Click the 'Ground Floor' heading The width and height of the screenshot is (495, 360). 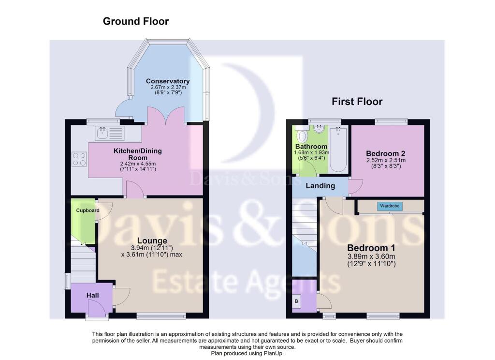pyautogui.click(x=135, y=21)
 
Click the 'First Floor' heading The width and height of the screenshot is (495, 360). pyautogui.click(x=357, y=102)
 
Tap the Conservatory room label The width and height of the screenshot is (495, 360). pyautogui.click(x=168, y=81)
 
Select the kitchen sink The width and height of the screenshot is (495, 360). pyautogui.click(x=110, y=133)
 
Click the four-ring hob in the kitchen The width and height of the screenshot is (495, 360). pyautogui.click(x=79, y=159)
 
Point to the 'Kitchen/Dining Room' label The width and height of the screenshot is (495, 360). pyautogui.click(x=137, y=154)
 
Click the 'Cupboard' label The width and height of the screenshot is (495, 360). pyautogui.click(x=87, y=210)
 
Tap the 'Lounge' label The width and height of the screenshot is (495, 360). pyautogui.click(x=152, y=241)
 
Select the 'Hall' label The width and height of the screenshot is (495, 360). pyautogui.click(x=93, y=295)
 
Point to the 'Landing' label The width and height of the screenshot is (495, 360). pyautogui.click(x=320, y=186)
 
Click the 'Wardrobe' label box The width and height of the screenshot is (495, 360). pyautogui.click(x=389, y=206)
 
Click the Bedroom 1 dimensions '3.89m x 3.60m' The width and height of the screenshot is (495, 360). pyautogui.click(x=371, y=256)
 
